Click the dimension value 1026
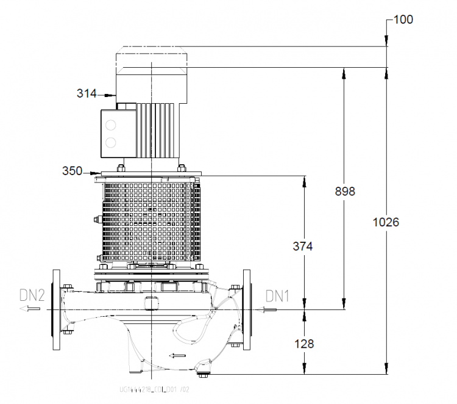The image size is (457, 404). (x=386, y=222)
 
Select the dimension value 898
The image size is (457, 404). (x=345, y=191)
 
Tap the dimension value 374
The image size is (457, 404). (x=303, y=247)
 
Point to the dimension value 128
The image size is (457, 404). (x=303, y=344)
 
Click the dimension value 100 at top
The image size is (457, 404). (x=403, y=19)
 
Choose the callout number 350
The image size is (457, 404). (x=73, y=171)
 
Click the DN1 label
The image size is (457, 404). (x=277, y=296)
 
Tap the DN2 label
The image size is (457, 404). (x=32, y=296)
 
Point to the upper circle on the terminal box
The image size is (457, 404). (x=111, y=126)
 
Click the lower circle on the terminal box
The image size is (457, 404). (x=111, y=143)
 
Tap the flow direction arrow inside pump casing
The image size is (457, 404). (x=177, y=355)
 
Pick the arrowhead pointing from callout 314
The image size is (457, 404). (x=112, y=95)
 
